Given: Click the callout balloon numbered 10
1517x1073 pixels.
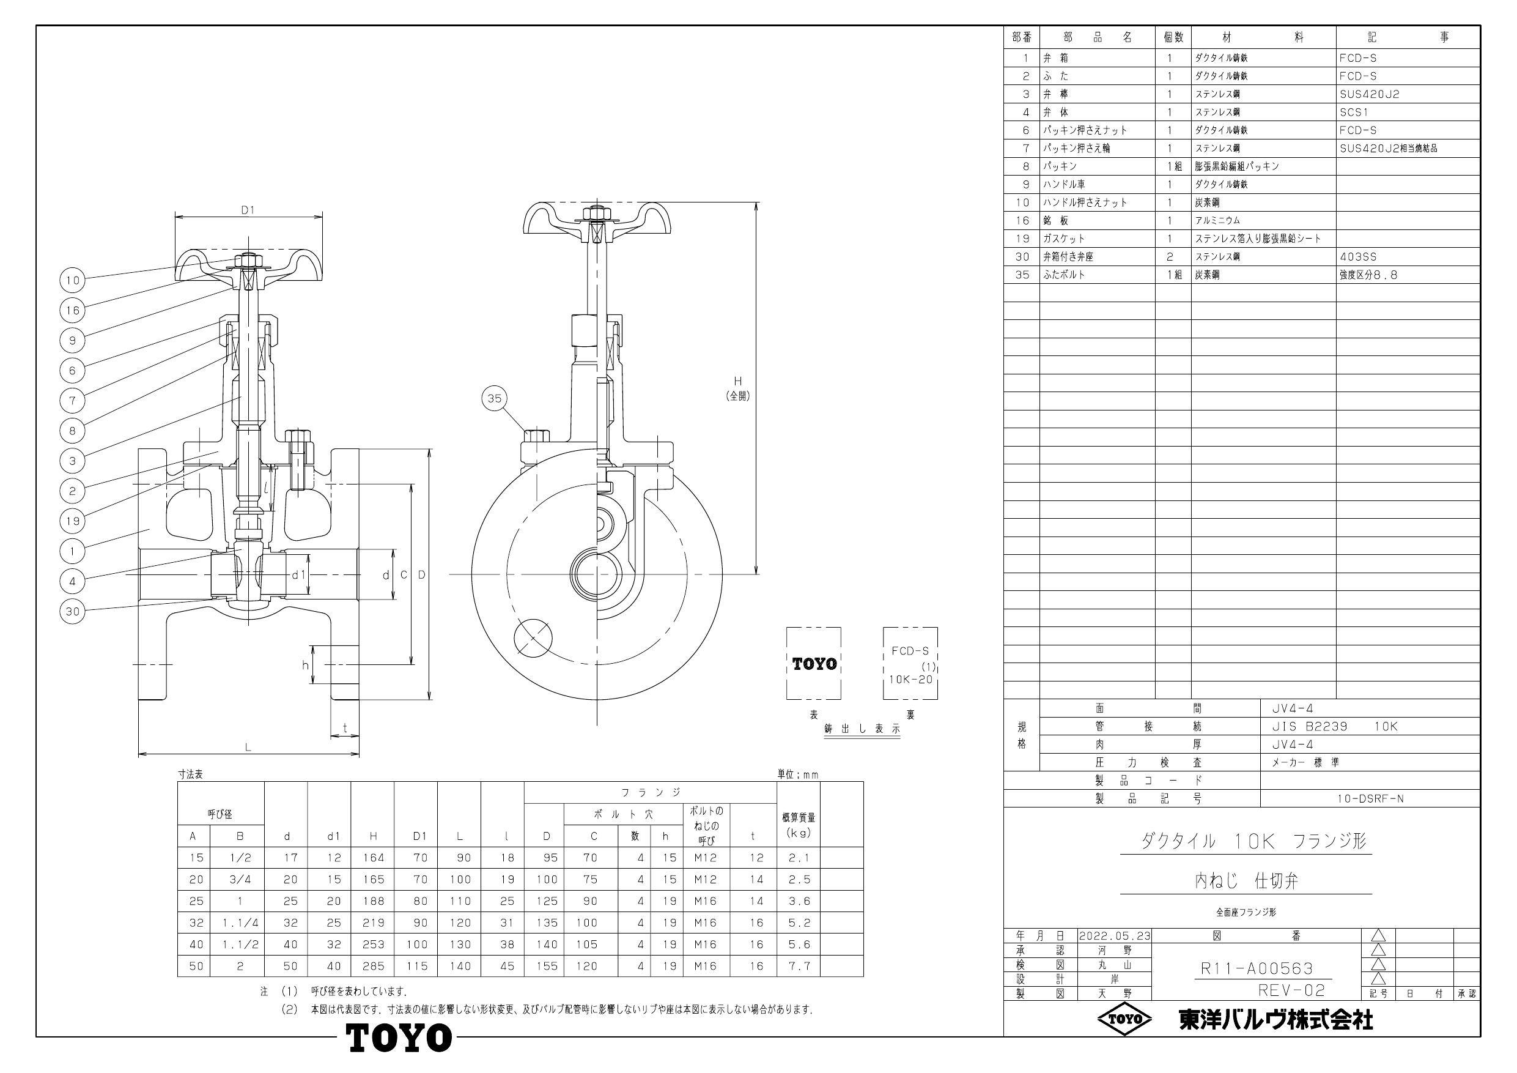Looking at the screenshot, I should [x=73, y=280].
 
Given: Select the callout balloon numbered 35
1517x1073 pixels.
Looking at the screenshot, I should [x=494, y=398].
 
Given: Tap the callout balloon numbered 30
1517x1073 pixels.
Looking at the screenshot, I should [x=73, y=612].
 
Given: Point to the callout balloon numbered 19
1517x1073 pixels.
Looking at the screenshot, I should [x=73, y=521].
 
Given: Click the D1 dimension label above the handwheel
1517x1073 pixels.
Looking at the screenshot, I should [x=248, y=210].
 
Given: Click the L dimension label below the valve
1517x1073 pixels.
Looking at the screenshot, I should [x=248, y=747].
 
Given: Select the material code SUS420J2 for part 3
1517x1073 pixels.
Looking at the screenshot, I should [x=1369, y=94].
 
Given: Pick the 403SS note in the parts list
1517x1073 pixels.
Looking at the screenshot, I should [x=1358, y=256].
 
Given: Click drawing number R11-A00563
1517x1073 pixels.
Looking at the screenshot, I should [x=1257, y=968].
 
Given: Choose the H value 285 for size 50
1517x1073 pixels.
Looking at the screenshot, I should [x=374, y=966].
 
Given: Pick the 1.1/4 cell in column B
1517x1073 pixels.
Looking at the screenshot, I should [x=240, y=923].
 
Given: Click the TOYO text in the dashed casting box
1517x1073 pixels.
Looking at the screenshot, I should [x=814, y=664].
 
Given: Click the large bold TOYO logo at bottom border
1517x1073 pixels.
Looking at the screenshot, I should [x=399, y=1038].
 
